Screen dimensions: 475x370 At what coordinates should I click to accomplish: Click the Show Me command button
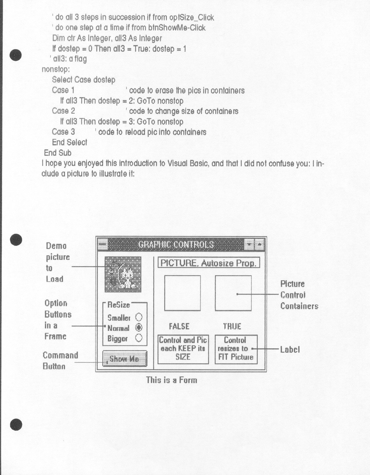click(125, 359)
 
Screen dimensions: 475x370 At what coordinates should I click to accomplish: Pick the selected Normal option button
click(139, 328)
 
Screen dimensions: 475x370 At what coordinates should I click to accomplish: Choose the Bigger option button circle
click(139, 338)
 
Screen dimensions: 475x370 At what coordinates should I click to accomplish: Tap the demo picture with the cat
click(123, 274)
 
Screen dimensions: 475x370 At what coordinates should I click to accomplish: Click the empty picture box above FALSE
click(182, 293)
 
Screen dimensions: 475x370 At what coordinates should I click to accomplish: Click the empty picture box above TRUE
click(233, 293)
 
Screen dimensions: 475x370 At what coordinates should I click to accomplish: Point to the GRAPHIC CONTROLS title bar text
click(176, 244)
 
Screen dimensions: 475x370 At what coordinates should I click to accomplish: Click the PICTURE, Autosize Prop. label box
click(208, 263)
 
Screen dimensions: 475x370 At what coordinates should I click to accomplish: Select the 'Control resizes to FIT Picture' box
click(236, 349)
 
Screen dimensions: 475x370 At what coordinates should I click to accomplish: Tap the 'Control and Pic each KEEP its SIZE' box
click(183, 349)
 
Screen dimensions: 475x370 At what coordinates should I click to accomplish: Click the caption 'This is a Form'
click(172, 380)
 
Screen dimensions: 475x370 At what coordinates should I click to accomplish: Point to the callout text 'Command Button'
click(60, 360)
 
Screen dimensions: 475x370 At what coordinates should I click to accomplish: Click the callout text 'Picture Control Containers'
click(299, 295)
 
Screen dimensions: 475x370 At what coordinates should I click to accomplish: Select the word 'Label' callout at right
click(290, 349)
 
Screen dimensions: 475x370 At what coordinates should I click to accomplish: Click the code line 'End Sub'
click(58, 153)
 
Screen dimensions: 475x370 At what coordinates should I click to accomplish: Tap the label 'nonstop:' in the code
click(56, 69)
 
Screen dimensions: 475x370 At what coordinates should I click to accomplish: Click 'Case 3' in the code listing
click(63, 132)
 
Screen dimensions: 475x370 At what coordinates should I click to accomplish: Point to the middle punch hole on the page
click(16, 240)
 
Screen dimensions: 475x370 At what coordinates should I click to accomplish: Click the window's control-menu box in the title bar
click(102, 244)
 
